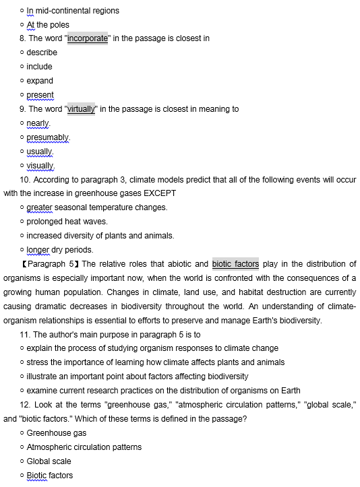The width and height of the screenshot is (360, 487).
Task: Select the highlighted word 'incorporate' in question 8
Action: point(88,38)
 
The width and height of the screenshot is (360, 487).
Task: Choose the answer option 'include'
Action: point(39,67)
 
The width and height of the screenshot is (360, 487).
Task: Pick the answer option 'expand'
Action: point(40,81)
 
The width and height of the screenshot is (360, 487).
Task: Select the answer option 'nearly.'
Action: point(38,123)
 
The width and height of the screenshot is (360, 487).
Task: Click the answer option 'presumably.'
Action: point(48,137)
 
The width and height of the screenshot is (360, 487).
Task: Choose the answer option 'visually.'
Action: point(40,166)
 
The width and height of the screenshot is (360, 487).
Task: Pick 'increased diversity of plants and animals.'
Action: point(100,236)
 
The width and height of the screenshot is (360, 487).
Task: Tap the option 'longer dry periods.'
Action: point(59,250)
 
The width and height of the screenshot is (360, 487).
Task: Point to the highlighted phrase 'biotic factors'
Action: point(235,264)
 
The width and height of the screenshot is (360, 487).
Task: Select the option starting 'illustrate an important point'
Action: point(137,377)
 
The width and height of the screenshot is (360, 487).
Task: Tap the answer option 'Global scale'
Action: point(49,461)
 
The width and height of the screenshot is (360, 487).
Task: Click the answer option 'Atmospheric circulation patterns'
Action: point(84,447)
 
